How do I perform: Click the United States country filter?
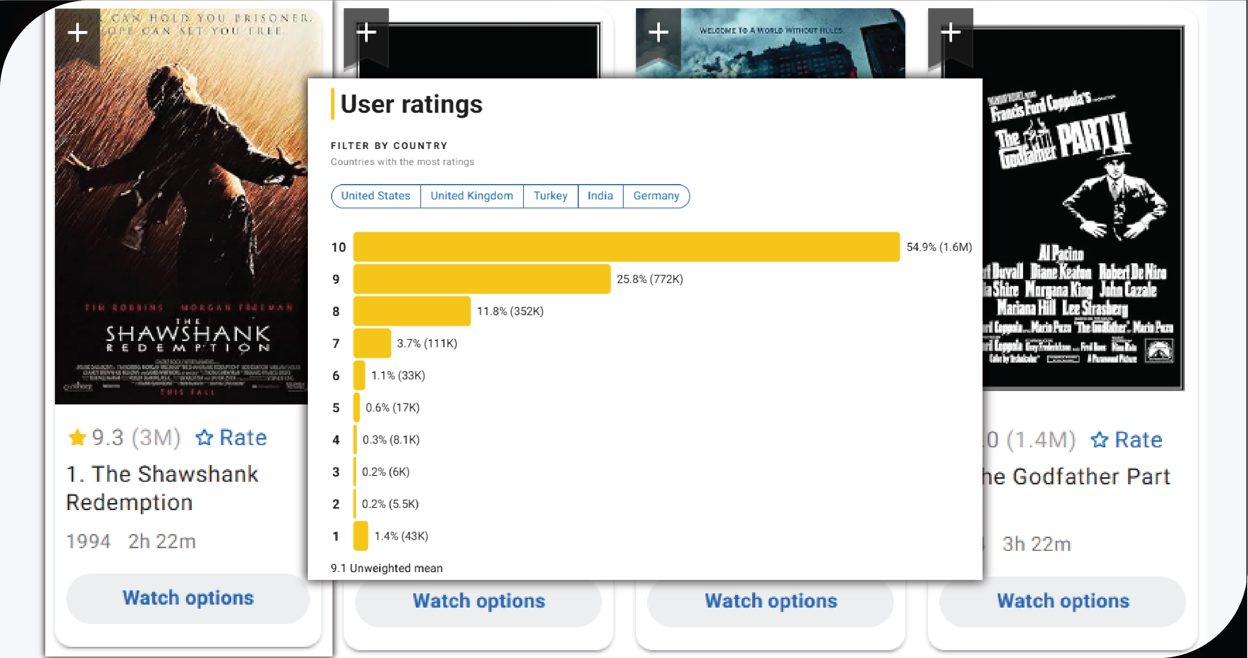tap(376, 196)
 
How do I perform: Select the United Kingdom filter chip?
tap(472, 196)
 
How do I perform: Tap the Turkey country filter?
tap(550, 196)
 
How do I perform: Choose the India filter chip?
tap(600, 196)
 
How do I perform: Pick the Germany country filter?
tap(656, 196)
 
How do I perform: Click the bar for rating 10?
tap(626, 247)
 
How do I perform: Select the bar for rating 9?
tap(482, 279)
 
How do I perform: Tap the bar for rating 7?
tap(372, 343)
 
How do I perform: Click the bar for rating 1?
tap(361, 536)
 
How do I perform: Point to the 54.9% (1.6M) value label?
tap(939, 247)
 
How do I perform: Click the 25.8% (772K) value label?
tap(649, 279)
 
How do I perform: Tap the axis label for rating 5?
tap(336, 408)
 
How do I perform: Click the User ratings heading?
tap(411, 104)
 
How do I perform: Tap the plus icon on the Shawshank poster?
tap(77, 33)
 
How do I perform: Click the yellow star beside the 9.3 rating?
tap(77, 437)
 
